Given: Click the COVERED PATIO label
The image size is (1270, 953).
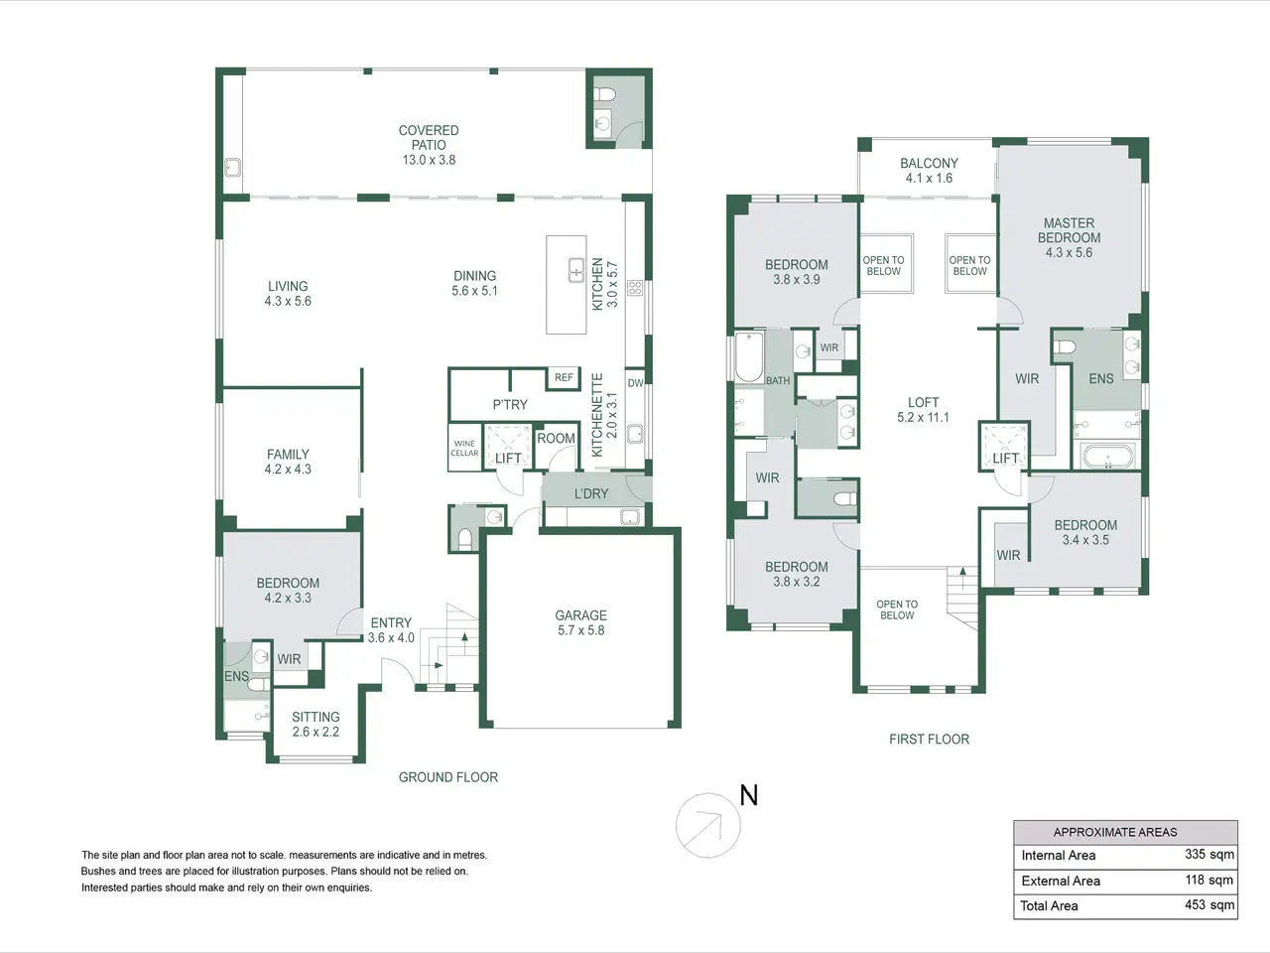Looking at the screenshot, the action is click(429, 138).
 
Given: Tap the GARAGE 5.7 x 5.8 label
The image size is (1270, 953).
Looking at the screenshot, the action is click(580, 622).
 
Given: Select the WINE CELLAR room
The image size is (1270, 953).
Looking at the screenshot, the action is click(465, 448).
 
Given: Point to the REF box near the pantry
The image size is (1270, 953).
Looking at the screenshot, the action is click(564, 378).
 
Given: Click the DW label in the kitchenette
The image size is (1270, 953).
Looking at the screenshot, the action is click(635, 382).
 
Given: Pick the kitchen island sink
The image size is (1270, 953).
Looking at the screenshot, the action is click(576, 270).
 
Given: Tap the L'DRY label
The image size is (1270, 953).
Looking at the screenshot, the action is click(591, 493).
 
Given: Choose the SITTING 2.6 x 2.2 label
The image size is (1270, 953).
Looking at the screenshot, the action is click(316, 724).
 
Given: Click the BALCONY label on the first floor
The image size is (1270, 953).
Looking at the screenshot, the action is click(930, 163).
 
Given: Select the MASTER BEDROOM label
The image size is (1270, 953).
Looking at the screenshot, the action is click(1070, 230).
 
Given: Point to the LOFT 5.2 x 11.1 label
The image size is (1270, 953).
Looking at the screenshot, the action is click(924, 410).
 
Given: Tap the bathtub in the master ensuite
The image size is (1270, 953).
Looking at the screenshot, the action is click(1108, 456).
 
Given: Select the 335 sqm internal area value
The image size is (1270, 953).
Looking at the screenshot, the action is click(1209, 854).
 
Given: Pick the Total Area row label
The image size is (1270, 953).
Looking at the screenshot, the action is click(1049, 905).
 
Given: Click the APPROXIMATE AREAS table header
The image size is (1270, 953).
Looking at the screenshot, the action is click(1115, 832).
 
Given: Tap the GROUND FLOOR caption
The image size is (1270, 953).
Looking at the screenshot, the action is click(448, 777).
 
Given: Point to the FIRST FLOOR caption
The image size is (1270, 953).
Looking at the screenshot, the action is click(930, 739).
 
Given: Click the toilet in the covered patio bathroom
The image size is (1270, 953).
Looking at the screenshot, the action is click(605, 93).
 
